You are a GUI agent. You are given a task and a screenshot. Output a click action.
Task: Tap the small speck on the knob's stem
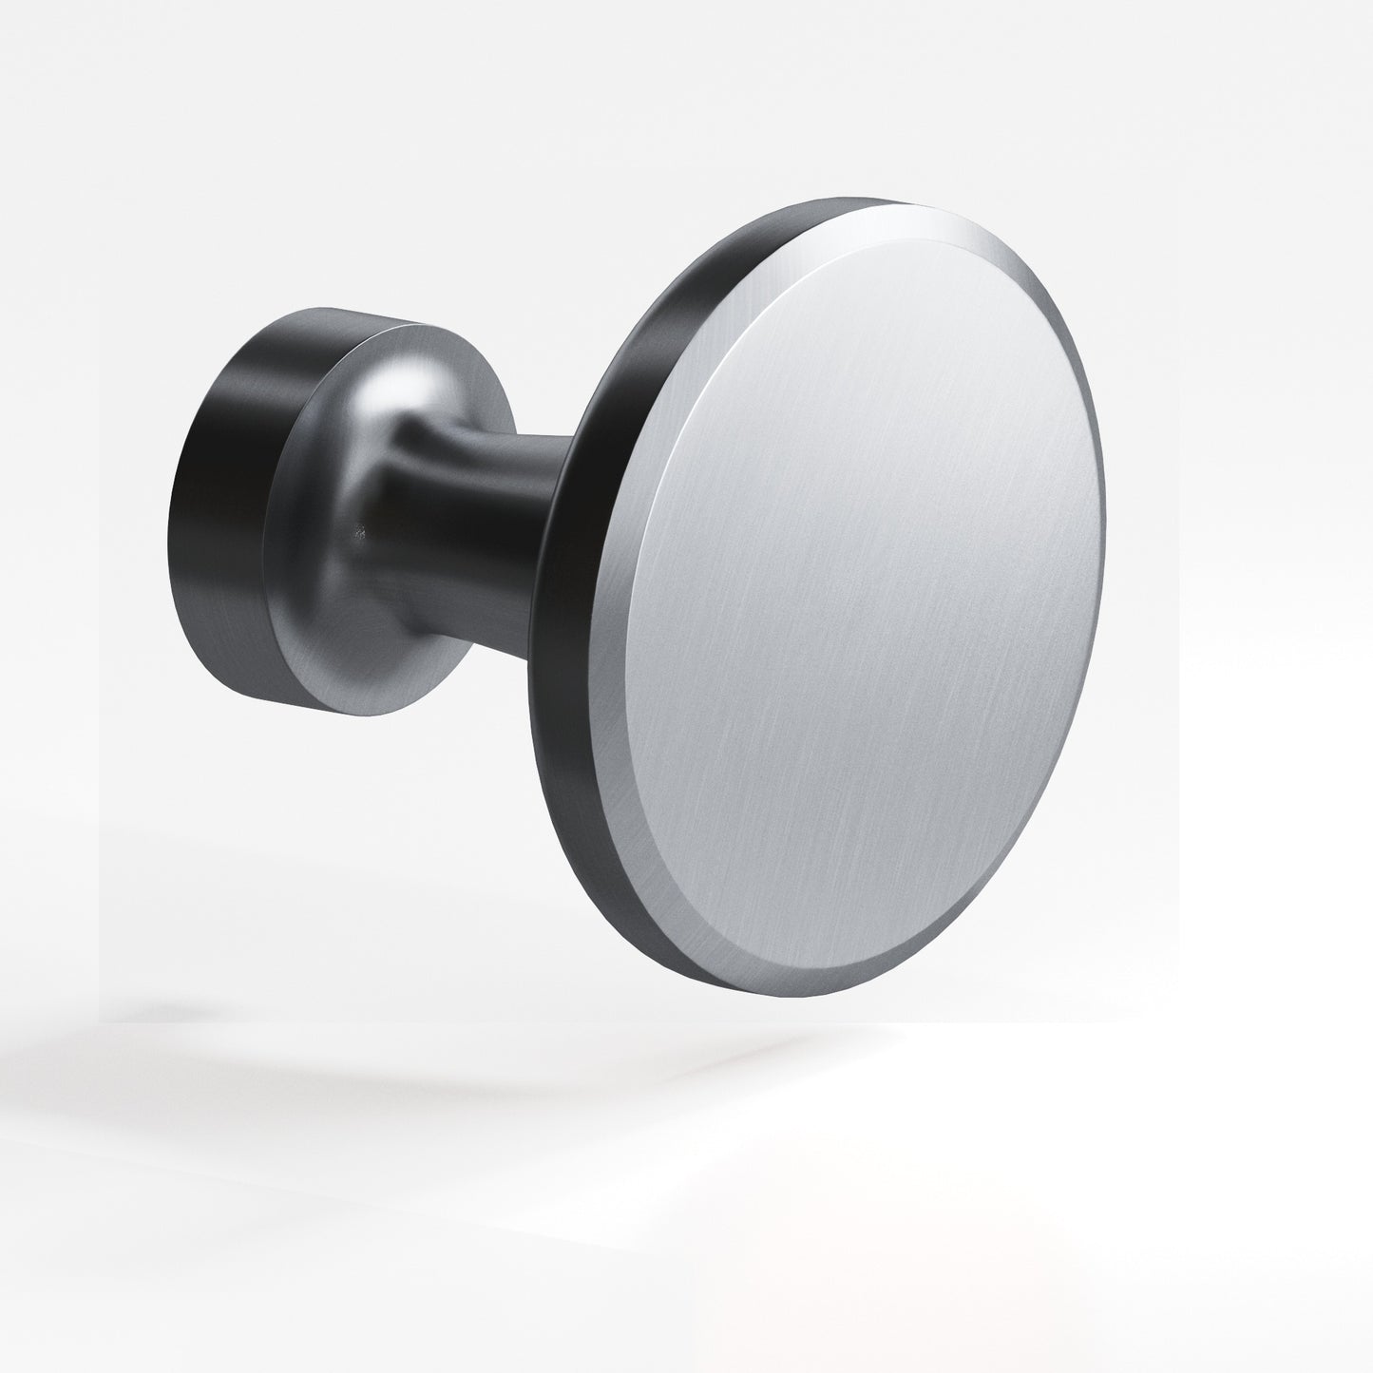click(x=357, y=533)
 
